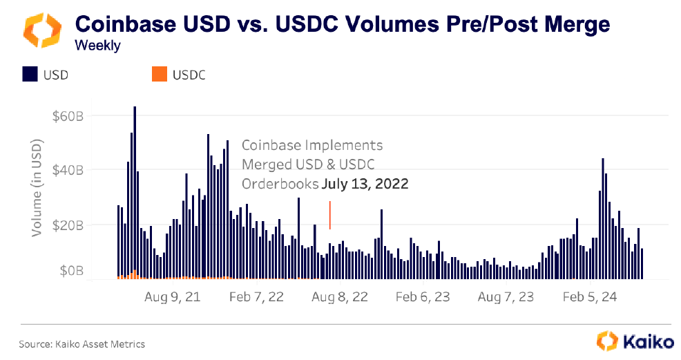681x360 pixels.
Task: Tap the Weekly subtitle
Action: (x=97, y=47)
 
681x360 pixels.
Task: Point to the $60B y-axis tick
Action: (x=68, y=115)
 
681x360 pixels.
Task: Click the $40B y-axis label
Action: (x=68, y=170)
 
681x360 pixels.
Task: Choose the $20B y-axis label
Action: (x=68, y=225)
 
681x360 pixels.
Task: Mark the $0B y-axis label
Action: (x=70, y=272)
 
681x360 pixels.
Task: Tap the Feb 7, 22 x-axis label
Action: (x=256, y=297)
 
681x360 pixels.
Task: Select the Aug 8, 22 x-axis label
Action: (x=340, y=297)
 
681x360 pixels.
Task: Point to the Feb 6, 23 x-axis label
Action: (x=423, y=297)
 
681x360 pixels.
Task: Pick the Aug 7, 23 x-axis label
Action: (x=506, y=297)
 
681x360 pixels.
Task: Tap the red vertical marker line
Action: (x=330, y=215)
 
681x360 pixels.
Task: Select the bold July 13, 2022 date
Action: (x=365, y=184)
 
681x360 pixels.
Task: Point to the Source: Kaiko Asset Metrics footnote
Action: (x=81, y=343)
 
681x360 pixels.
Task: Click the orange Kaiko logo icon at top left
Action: (x=39, y=31)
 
